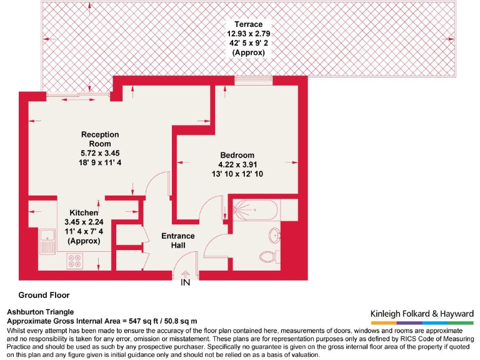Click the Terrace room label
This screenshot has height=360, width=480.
[248, 24]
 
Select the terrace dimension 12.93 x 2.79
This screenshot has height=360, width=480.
[248, 33]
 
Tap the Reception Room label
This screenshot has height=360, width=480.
[100, 139]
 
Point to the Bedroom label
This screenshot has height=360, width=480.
[237, 155]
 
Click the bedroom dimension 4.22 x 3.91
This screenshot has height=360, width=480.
[237, 165]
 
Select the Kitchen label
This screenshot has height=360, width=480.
[83, 213]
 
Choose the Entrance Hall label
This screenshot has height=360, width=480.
[177, 240]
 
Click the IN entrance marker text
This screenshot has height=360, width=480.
[185, 282]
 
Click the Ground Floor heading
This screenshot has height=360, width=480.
[44, 295]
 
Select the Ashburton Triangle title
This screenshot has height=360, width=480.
[40, 311]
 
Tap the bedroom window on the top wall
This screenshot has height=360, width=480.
[253, 80]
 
